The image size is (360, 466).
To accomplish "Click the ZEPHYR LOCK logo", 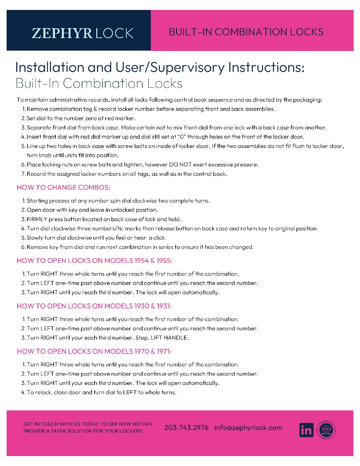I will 82,33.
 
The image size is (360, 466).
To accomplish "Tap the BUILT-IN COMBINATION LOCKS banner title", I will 246,32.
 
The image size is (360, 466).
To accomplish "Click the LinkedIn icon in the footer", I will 306,430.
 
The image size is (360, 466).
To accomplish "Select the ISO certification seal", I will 326,430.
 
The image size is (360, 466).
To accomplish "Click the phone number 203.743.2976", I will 186,428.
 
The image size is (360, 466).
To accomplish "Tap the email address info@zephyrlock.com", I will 248,428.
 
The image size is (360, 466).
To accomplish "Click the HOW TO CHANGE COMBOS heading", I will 63,188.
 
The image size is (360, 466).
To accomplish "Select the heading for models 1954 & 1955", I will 94,261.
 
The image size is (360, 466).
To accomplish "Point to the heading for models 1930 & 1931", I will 94,306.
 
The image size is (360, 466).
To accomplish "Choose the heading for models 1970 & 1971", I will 94,351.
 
